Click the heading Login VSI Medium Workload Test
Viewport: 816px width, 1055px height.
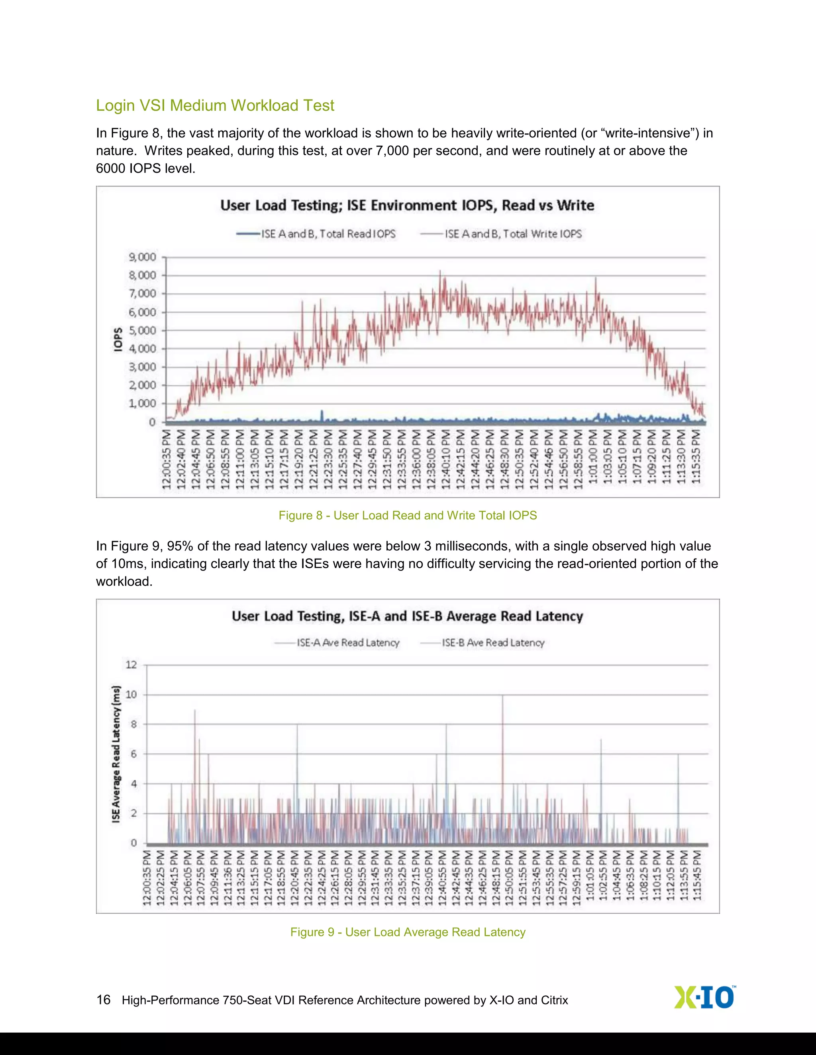click(215, 105)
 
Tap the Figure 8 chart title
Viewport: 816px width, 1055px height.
click(407, 205)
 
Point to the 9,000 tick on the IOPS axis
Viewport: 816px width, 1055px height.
click(143, 257)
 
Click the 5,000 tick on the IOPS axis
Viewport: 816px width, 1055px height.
click(143, 330)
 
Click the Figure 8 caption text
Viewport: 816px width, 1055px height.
click(408, 516)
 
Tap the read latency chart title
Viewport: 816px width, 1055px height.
click(407, 616)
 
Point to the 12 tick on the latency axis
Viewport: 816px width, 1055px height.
click(131, 665)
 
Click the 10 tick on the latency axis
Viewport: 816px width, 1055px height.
click(131, 695)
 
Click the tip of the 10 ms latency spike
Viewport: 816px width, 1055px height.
click(503, 696)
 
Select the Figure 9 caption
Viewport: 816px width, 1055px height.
click(408, 932)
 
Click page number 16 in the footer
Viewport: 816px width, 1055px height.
click(104, 999)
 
